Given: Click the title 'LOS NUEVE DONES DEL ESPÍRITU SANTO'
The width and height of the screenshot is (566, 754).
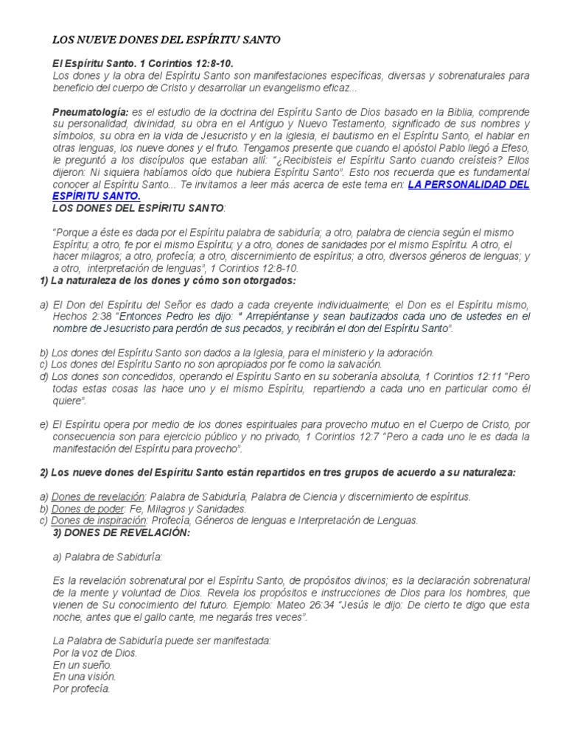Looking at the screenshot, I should (x=167, y=39).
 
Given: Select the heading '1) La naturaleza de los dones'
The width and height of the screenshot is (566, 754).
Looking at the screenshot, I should (x=167, y=281).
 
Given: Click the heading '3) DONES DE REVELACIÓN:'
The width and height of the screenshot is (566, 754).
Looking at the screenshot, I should (x=122, y=532).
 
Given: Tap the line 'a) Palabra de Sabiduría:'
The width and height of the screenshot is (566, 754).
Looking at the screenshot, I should (x=108, y=557).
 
